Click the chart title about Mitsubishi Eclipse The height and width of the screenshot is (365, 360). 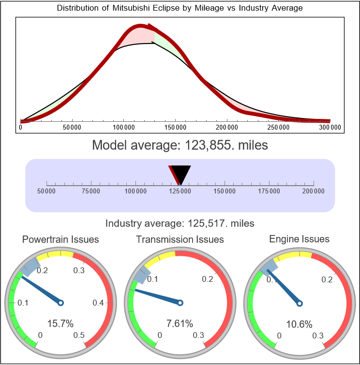coord(180,8)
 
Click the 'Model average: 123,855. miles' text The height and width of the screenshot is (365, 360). coord(180,145)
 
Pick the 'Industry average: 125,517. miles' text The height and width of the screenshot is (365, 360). coord(180,223)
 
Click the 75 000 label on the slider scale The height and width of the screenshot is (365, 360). coord(91,191)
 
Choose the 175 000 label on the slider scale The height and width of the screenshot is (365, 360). coord(269,191)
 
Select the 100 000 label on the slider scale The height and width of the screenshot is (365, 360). coord(135,191)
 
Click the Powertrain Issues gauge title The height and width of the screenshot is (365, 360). coord(60,239)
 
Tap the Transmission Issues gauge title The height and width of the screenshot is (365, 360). coord(180,239)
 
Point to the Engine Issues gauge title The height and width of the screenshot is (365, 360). coord(299,239)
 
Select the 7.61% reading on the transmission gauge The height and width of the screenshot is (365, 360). coord(180,323)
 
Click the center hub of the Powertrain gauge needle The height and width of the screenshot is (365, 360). coord(60,303)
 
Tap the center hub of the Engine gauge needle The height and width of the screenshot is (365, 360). coord(300,303)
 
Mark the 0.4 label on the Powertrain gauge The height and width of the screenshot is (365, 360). coord(98,303)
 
